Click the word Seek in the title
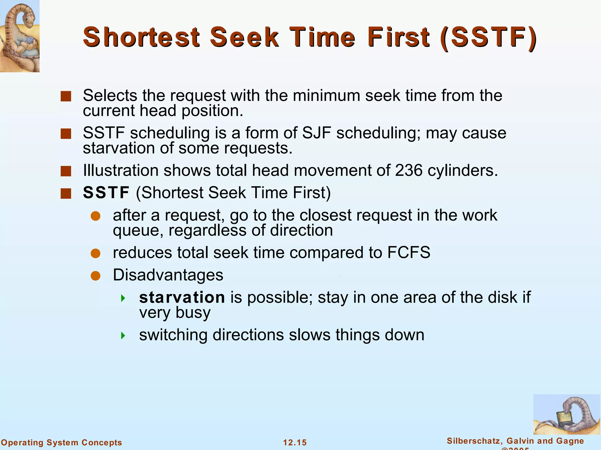click(244, 37)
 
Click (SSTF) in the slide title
click(488, 37)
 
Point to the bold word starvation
click(182, 297)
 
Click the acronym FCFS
click(408, 252)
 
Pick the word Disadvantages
click(168, 275)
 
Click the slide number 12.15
click(295, 442)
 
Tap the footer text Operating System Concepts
click(61, 442)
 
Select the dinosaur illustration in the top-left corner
click(20, 36)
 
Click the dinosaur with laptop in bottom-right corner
click(566, 414)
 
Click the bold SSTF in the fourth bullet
click(106, 192)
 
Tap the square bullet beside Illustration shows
click(66, 171)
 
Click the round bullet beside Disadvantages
click(96, 276)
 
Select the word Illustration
click(121, 170)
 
